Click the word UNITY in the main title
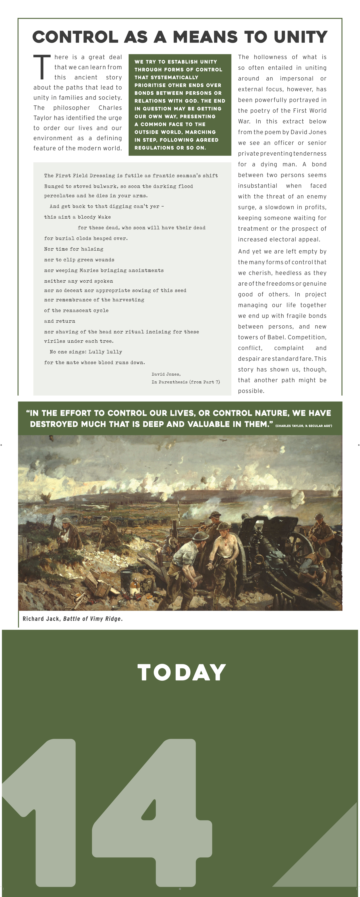click(x=300, y=37)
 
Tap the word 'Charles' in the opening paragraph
click(x=110, y=108)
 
